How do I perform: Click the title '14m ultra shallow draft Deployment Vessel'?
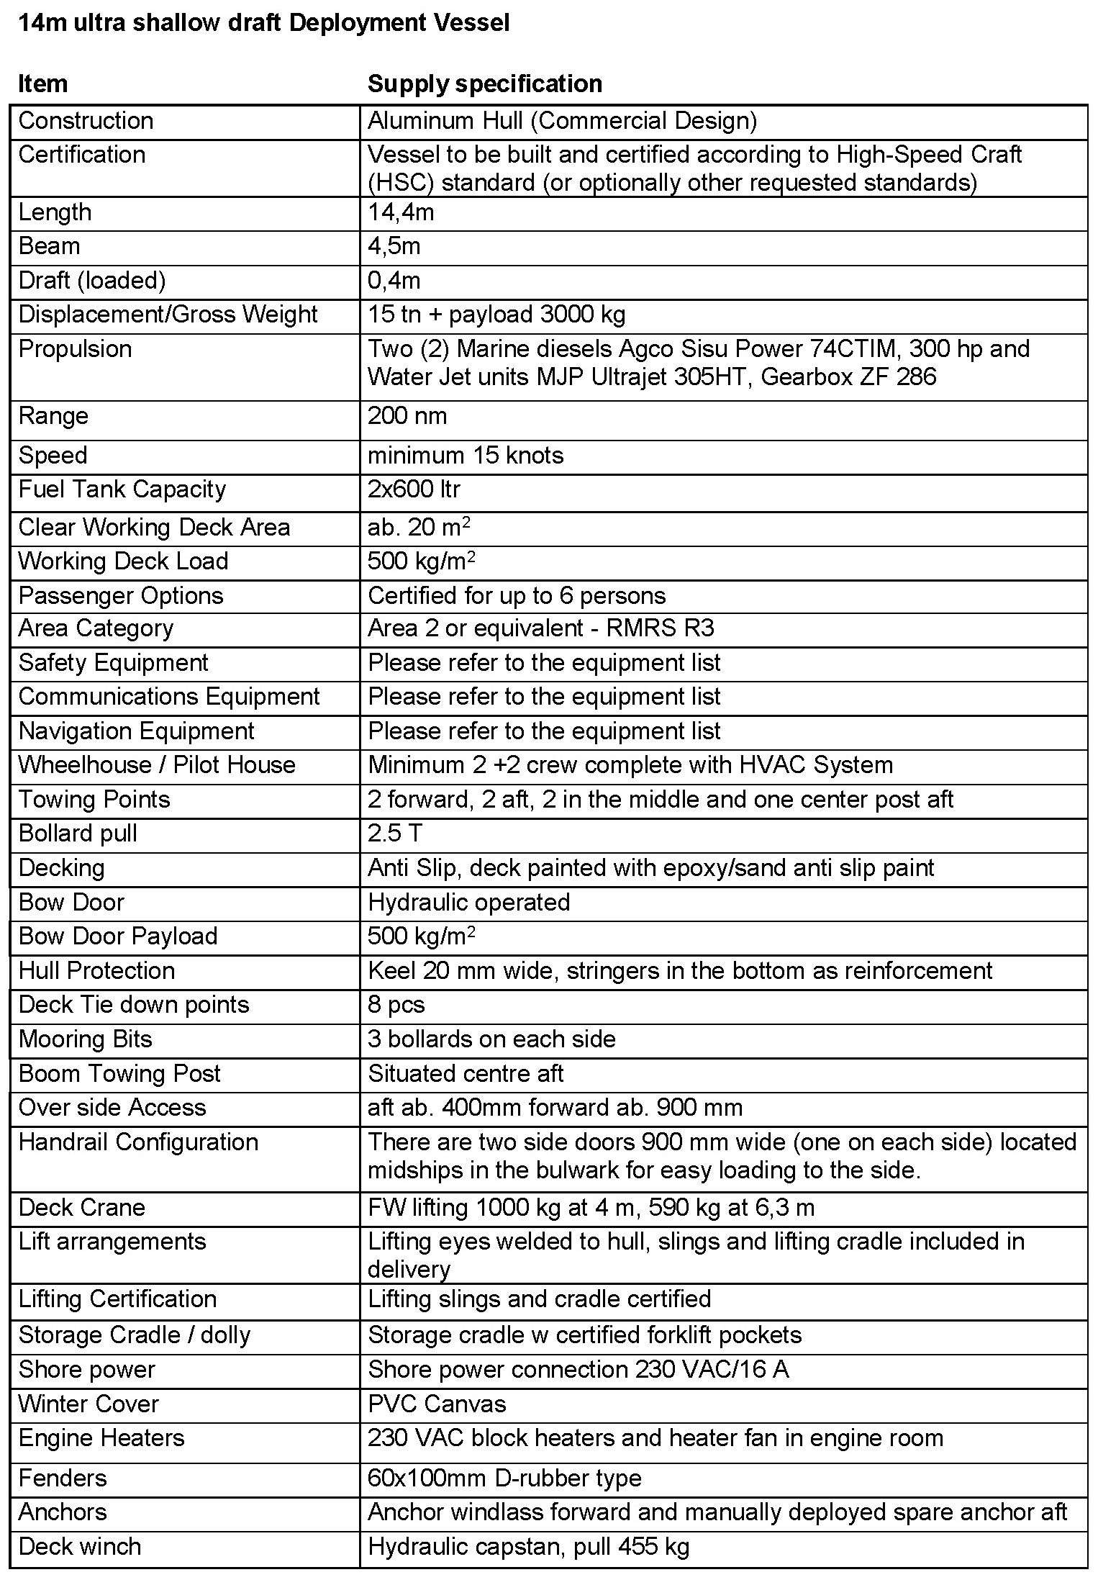click(263, 23)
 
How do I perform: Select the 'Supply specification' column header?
click(484, 83)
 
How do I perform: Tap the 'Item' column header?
click(42, 83)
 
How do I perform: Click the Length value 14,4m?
click(401, 212)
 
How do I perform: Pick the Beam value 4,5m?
click(394, 246)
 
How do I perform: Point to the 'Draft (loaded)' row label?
click(91, 281)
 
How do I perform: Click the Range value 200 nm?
click(407, 416)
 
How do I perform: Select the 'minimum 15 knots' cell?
click(466, 456)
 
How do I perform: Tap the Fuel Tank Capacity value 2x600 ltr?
click(414, 489)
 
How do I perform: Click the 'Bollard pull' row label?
click(78, 834)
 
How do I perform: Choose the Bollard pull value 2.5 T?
click(394, 834)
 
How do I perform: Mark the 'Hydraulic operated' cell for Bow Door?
click(468, 903)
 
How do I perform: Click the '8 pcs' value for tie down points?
click(396, 1005)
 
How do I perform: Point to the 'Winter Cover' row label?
click(89, 1404)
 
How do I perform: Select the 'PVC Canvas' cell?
click(437, 1404)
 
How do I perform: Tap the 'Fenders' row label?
click(63, 1478)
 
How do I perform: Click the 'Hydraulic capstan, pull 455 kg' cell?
click(528, 1547)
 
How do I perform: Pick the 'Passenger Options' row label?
click(121, 596)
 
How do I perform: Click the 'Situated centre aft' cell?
click(466, 1074)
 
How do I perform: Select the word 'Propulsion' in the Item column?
click(75, 349)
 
